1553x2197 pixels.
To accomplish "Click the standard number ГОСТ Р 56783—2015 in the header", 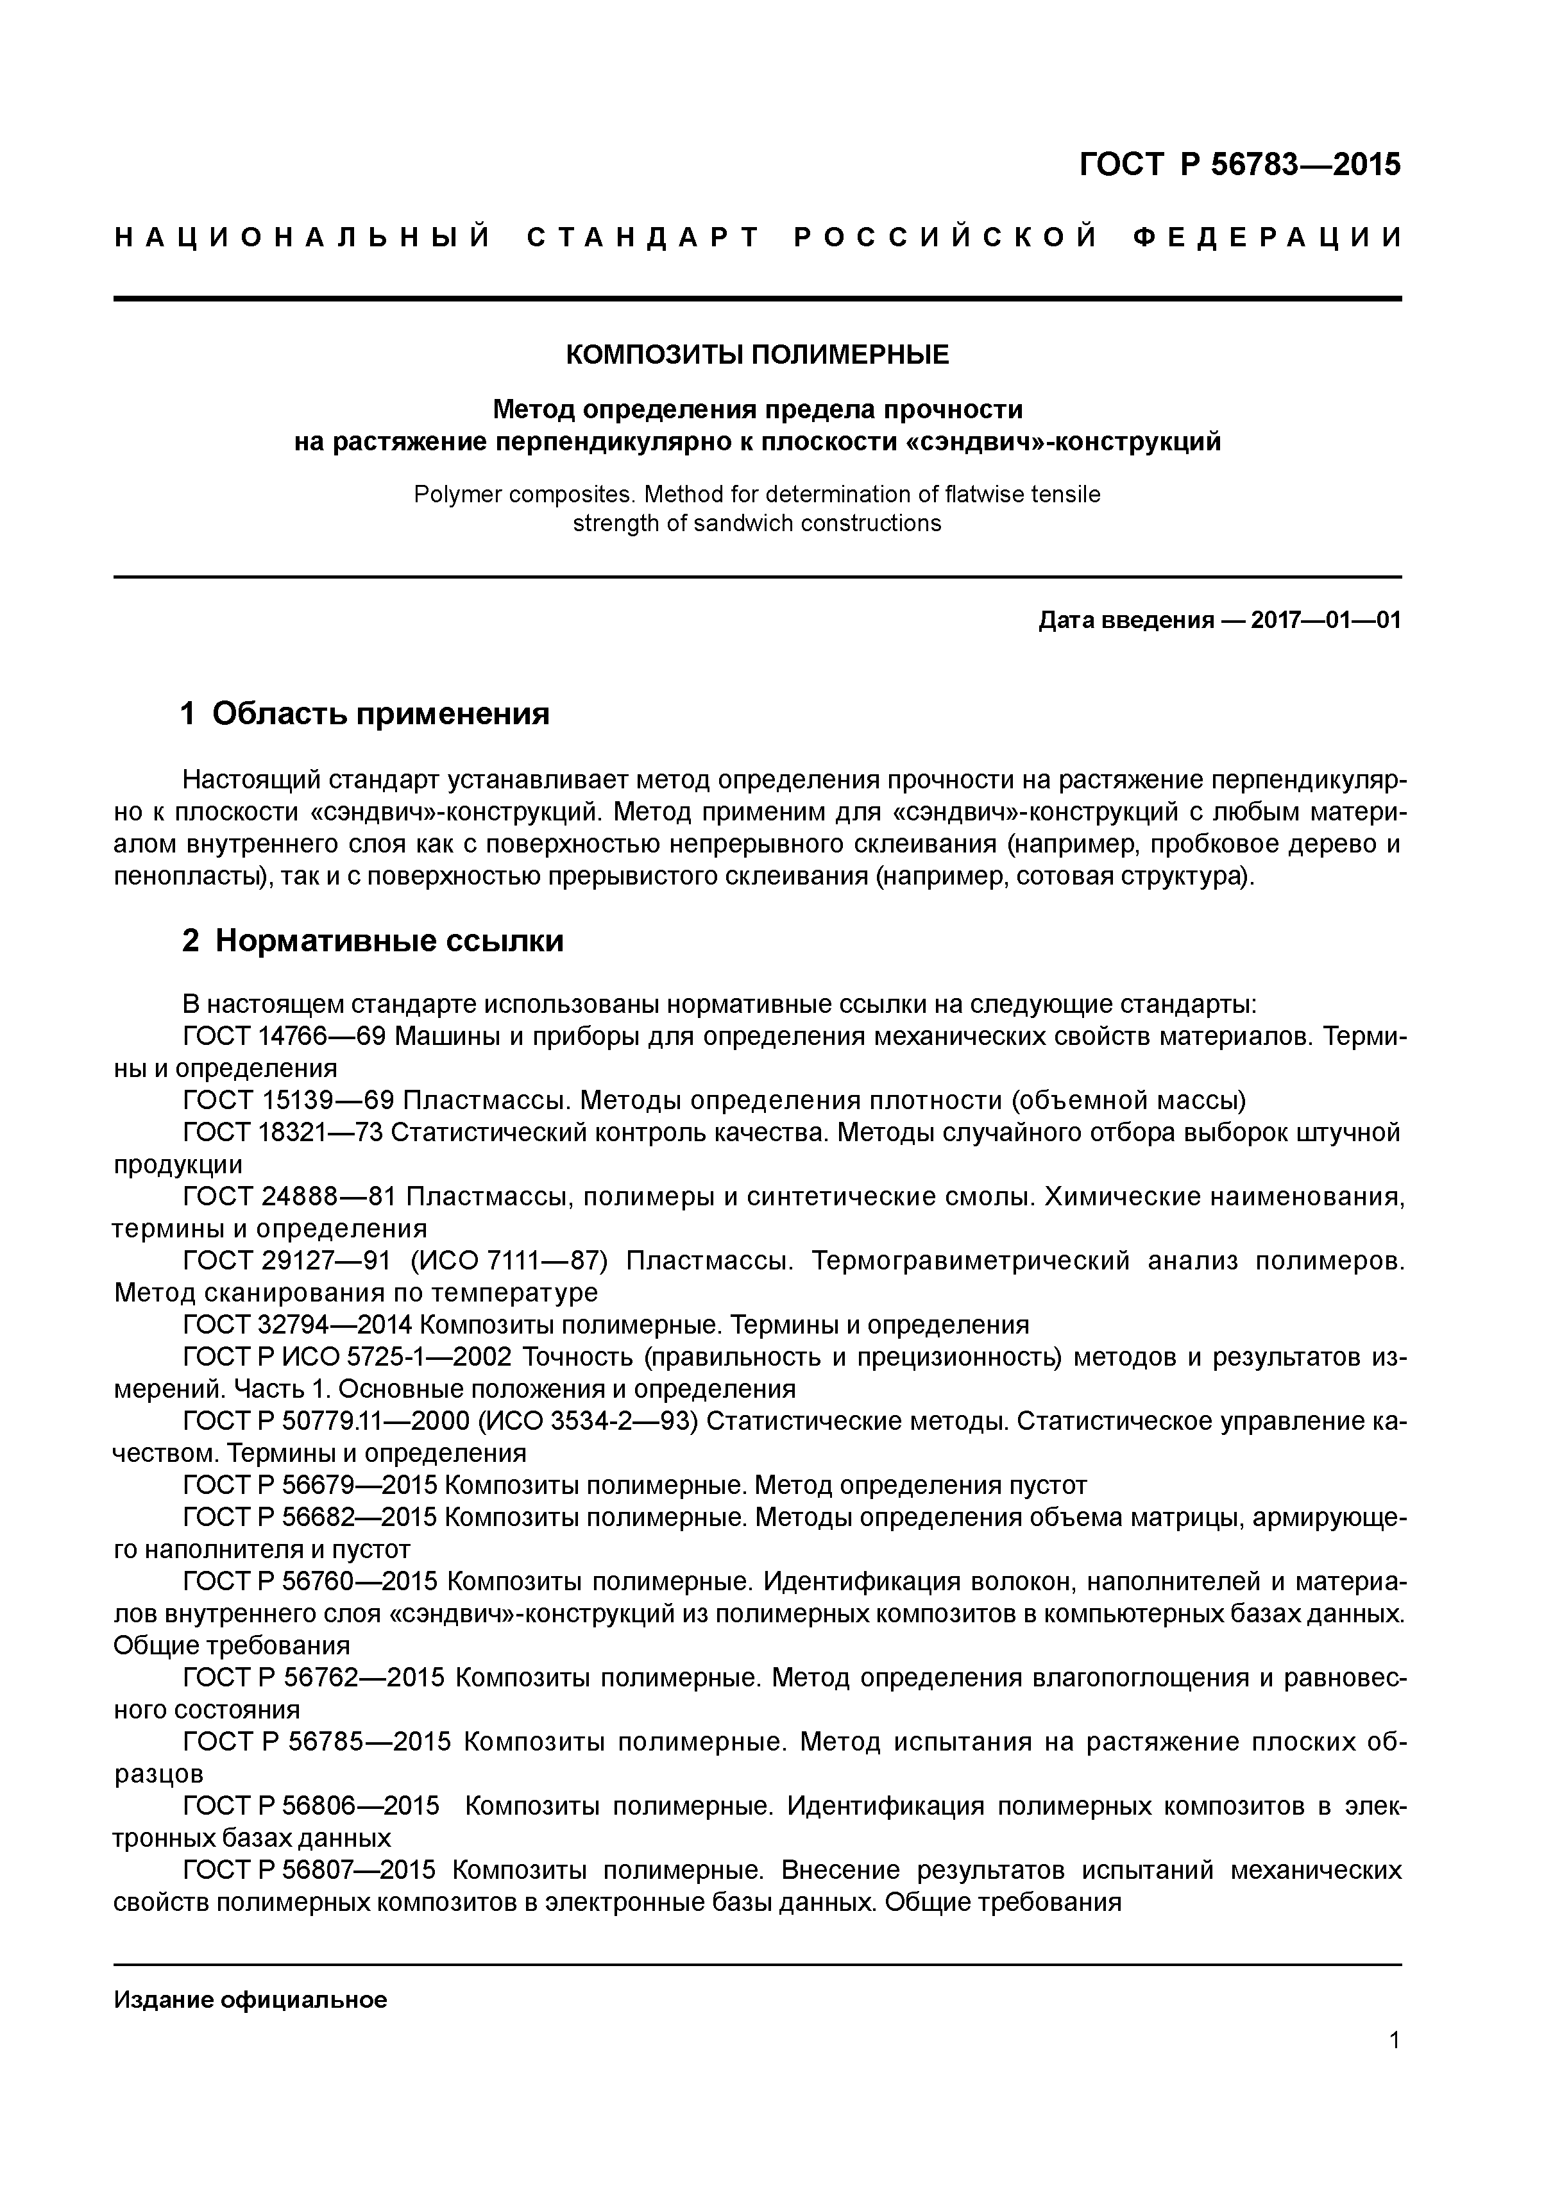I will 1239,165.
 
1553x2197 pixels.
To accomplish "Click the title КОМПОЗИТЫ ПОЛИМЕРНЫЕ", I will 757,355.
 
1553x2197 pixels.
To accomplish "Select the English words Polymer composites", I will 524,495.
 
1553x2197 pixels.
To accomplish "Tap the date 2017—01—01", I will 1325,620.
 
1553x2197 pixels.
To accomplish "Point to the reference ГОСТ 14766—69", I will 282,1037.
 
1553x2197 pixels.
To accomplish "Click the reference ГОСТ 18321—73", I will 282,1133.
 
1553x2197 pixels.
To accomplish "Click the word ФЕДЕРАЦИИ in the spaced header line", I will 1267,237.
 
